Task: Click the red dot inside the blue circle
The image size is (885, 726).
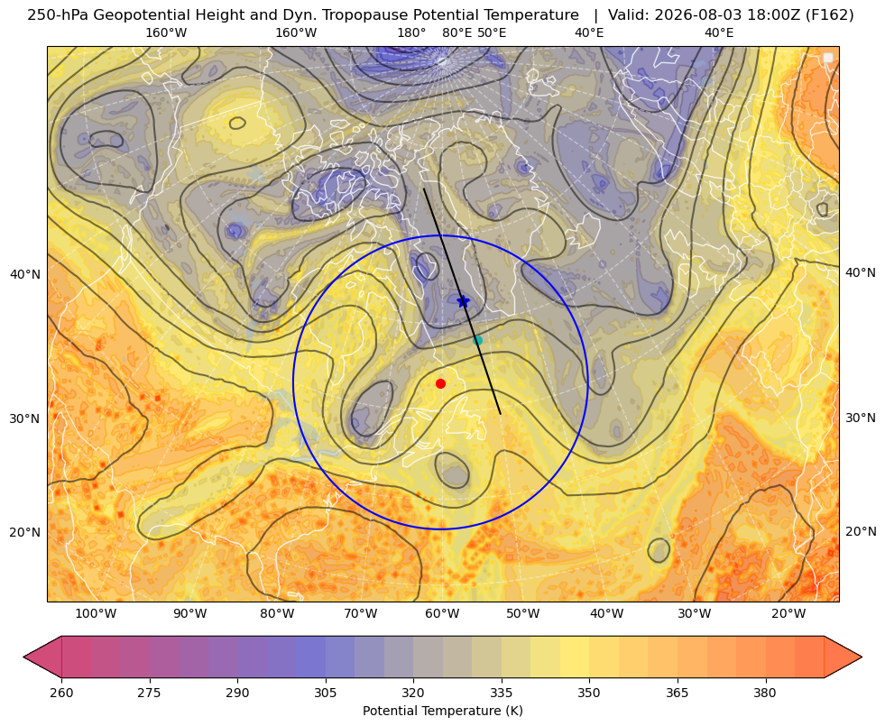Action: point(441,383)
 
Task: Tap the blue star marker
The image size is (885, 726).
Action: point(463,301)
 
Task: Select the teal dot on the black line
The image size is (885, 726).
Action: point(477,340)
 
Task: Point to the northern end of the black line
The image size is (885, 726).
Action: point(424,189)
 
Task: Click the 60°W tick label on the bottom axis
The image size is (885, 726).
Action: point(442,614)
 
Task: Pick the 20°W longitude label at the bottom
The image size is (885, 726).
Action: point(788,614)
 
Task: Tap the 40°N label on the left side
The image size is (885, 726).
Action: point(25,275)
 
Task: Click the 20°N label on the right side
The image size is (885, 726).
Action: point(861,531)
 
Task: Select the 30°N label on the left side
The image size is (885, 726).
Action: point(25,419)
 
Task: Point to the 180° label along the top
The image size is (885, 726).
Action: point(411,32)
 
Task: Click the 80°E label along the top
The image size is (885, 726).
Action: point(457,32)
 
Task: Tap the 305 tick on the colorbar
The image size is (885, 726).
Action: point(326,693)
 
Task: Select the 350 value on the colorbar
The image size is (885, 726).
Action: point(589,693)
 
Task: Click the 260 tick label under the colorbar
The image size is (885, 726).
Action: point(61,693)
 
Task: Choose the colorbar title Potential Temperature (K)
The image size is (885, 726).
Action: point(442,711)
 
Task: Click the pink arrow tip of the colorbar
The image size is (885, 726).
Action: point(24,657)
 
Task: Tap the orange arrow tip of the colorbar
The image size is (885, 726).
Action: point(861,657)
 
